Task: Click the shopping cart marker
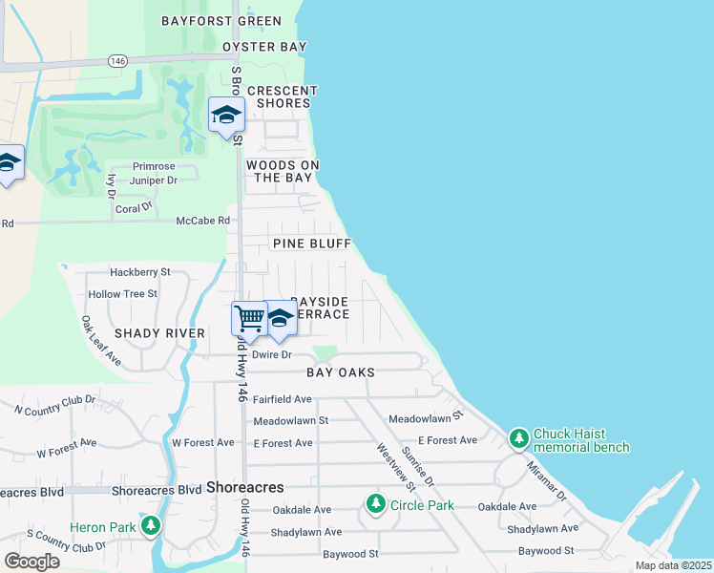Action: (x=249, y=318)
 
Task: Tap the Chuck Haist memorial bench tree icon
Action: (x=518, y=439)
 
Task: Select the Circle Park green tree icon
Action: (x=376, y=503)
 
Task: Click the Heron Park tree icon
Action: (x=150, y=526)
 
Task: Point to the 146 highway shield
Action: (x=118, y=60)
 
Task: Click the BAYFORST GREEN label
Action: (x=235, y=21)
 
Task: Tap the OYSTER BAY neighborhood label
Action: (x=264, y=47)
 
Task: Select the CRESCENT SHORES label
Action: (x=283, y=96)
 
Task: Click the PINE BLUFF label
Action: (x=304, y=244)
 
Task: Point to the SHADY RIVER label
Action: (x=159, y=333)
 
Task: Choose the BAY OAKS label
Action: (x=341, y=371)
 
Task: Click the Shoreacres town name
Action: (x=245, y=487)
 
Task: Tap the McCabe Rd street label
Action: (x=203, y=221)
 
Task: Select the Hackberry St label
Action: (x=139, y=272)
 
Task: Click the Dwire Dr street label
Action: (x=271, y=354)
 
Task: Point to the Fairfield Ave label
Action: (x=283, y=398)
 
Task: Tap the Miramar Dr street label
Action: (x=547, y=483)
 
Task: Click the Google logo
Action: (x=31, y=561)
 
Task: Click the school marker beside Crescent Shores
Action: (x=226, y=116)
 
